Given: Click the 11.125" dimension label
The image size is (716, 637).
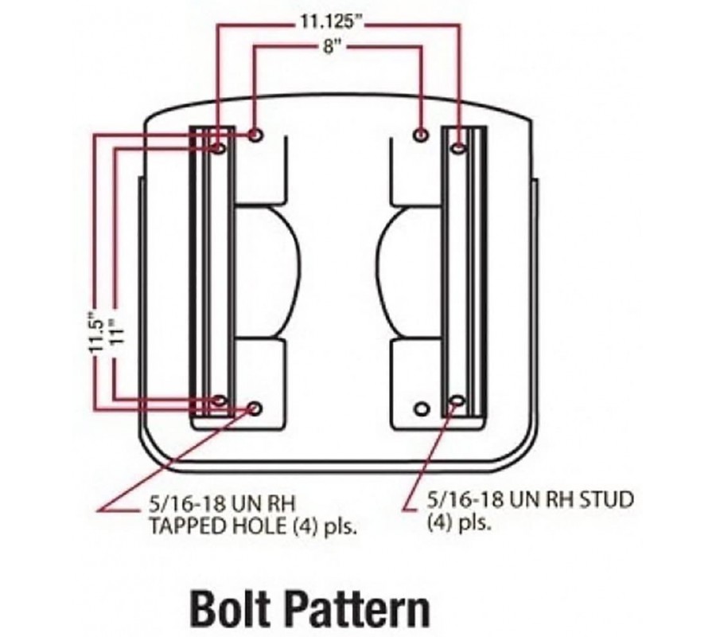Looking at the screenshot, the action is (329, 21).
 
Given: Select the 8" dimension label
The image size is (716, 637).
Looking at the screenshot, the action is (329, 47).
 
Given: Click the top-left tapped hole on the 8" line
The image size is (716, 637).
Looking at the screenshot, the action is (255, 135).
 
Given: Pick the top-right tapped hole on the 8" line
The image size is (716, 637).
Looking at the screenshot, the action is (421, 135).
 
